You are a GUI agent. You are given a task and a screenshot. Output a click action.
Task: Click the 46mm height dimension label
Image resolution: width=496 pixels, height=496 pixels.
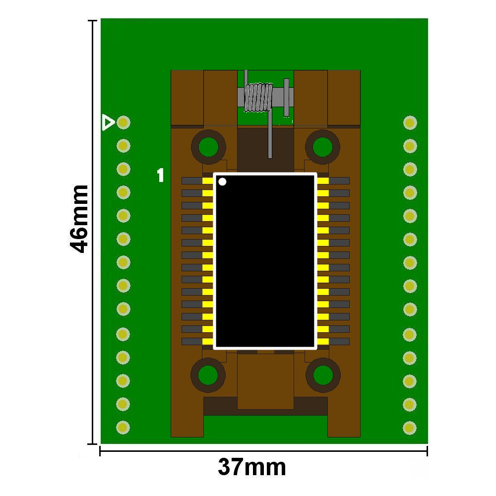79,219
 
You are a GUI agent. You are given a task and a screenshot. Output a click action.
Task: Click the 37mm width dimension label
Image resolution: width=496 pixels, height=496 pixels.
252,467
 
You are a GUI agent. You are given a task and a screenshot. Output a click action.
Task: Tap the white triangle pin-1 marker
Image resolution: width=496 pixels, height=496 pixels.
108,123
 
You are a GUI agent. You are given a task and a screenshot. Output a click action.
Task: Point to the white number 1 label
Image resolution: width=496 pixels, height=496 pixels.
161,175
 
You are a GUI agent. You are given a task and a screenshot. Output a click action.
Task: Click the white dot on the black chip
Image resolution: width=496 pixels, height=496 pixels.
222,182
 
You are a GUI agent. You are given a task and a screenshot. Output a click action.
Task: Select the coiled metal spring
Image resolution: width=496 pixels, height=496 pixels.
258,97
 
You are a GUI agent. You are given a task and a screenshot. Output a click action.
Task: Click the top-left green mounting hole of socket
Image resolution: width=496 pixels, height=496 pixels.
208,147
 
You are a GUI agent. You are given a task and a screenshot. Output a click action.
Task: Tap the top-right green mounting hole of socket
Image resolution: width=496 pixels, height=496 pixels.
322,147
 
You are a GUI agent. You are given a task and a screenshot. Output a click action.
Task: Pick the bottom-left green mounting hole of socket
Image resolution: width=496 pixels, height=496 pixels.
208,375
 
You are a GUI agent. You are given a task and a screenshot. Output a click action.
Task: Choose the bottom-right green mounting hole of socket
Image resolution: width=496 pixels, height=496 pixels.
323,375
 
